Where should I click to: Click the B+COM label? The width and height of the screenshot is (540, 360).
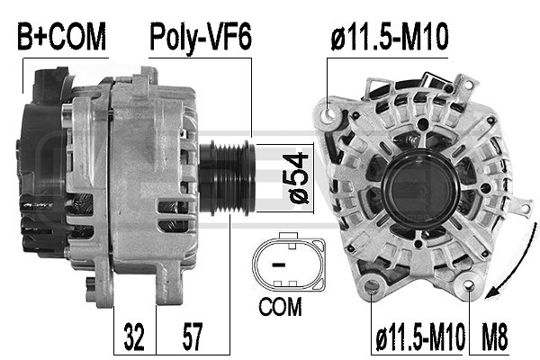tap(62, 37)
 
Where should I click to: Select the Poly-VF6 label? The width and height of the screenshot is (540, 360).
tap(200, 37)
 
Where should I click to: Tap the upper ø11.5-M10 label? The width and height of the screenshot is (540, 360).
tap(390, 37)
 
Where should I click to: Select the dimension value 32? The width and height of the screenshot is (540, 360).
tap(136, 339)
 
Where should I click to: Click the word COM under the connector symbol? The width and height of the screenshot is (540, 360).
tap(279, 306)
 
